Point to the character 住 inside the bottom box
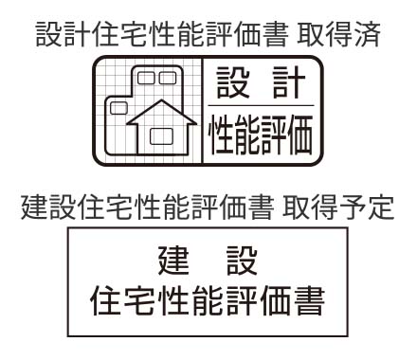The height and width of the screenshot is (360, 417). coord(104,305)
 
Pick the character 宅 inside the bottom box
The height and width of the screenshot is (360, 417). coord(145,305)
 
